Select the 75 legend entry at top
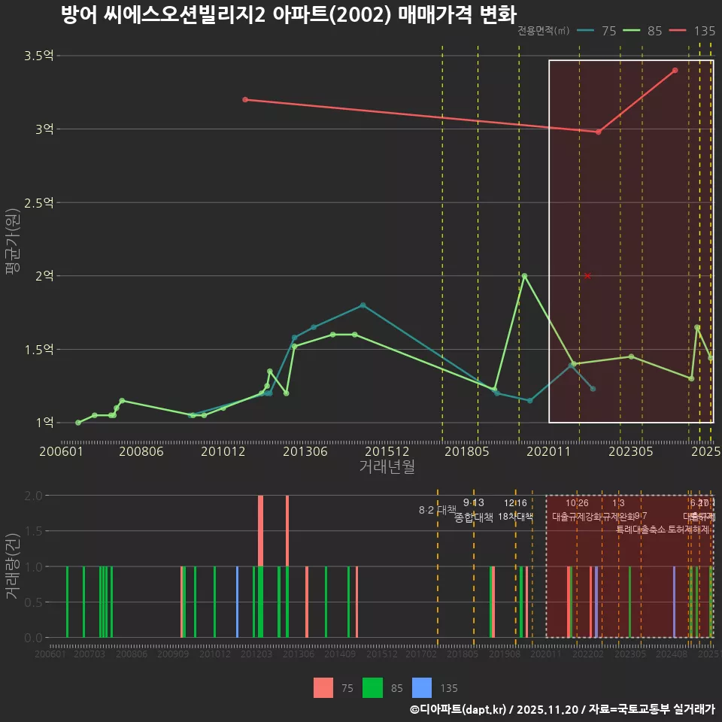click(x=598, y=31)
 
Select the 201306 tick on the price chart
click(x=306, y=451)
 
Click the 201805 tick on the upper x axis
click(x=468, y=451)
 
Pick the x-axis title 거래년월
click(x=387, y=467)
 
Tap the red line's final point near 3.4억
click(x=675, y=70)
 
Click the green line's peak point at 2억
click(x=524, y=276)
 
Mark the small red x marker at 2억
click(x=587, y=276)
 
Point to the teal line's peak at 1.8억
click(x=363, y=305)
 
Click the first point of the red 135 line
click(x=245, y=99)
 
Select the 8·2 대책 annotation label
click(x=437, y=510)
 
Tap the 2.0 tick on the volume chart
click(x=34, y=496)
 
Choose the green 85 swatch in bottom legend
click(x=373, y=687)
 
